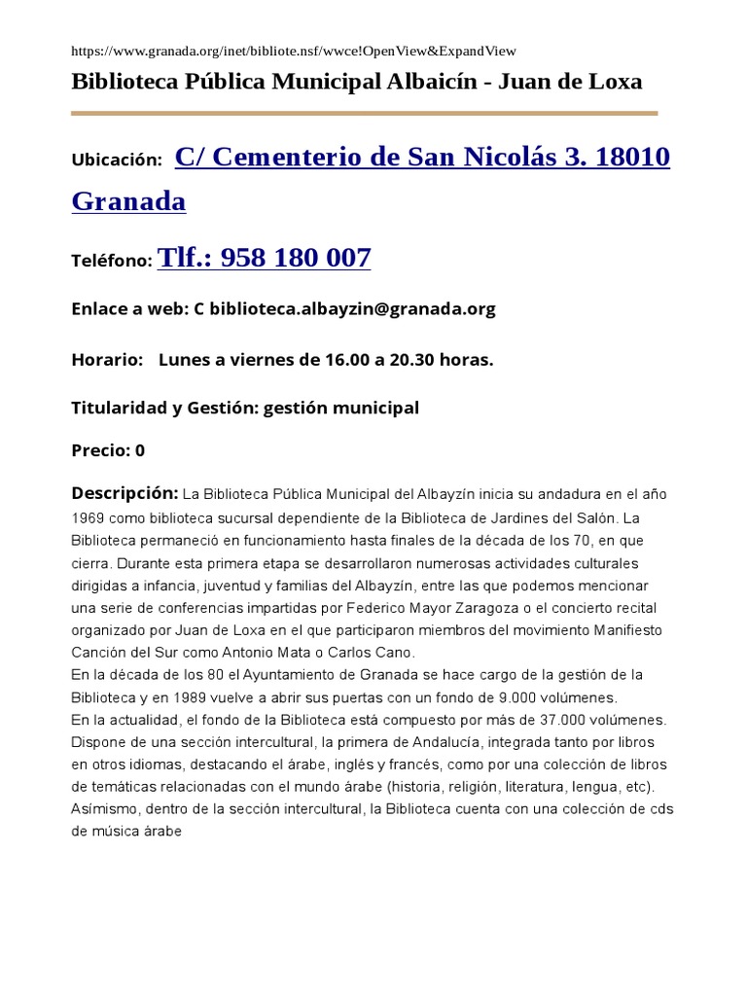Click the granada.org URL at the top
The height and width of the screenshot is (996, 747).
(294, 51)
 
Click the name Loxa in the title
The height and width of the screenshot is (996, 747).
(612, 82)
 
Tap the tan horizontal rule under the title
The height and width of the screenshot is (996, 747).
(365, 113)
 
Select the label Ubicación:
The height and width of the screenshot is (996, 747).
(117, 160)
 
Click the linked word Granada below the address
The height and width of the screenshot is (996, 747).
(128, 201)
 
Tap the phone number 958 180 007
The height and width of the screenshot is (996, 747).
(296, 258)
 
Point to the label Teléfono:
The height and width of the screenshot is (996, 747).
(112, 261)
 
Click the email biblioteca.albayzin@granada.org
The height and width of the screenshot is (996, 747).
(352, 309)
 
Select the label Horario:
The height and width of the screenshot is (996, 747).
(107, 360)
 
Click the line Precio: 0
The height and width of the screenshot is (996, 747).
(108, 450)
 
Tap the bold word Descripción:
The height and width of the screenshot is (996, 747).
(124, 493)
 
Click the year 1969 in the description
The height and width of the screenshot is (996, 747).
(89, 517)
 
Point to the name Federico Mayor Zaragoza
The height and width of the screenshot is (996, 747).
(420, 607)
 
